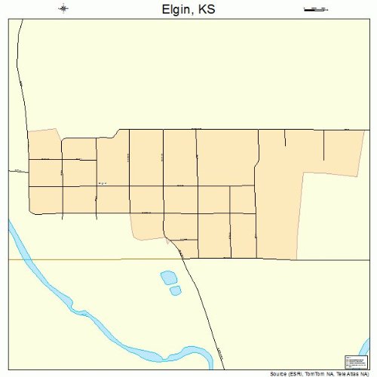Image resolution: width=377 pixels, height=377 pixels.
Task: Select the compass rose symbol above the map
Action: (63, 9)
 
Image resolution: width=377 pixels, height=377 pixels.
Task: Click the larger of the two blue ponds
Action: (169, 278)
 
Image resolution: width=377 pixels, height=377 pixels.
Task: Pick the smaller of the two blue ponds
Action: (176, 290)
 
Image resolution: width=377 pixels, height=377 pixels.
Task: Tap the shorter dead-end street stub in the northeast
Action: (285, 137)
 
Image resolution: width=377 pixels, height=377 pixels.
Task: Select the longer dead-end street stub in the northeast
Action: (324, 144)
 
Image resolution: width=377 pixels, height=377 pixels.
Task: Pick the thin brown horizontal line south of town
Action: (90, 259)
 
